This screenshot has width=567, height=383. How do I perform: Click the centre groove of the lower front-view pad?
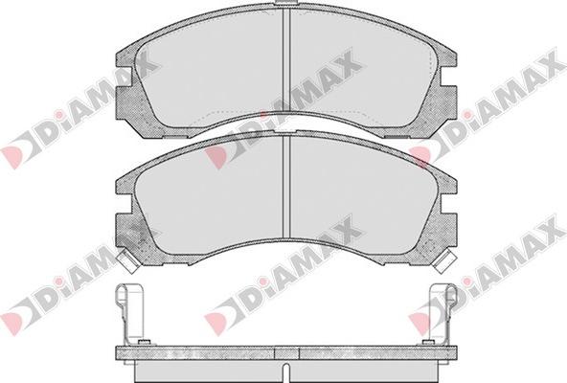pos(286,187)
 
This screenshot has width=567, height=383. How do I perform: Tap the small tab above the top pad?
pos(286,3)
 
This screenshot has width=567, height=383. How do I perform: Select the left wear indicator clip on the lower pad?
pos(128,261)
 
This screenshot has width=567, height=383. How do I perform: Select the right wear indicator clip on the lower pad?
pos(444,261)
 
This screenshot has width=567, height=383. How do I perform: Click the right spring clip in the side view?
pos(442,312)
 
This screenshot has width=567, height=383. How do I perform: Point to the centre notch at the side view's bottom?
pos(286,372)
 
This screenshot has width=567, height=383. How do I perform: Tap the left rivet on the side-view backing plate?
pos(144,342)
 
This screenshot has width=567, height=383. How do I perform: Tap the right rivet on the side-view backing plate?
pos(428,342)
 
